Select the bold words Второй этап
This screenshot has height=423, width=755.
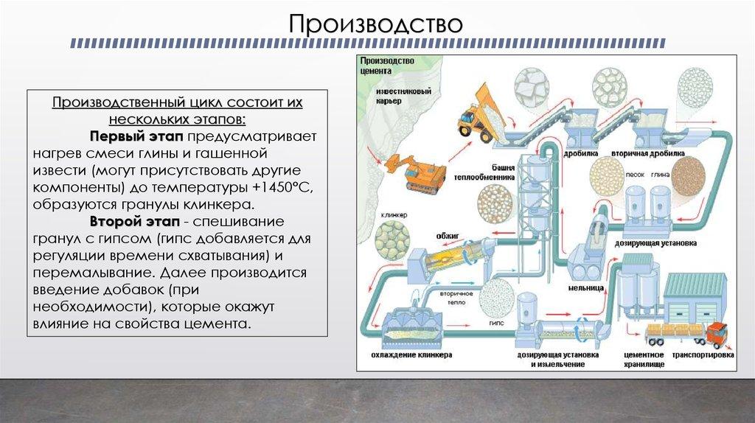[x=136, y=221]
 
